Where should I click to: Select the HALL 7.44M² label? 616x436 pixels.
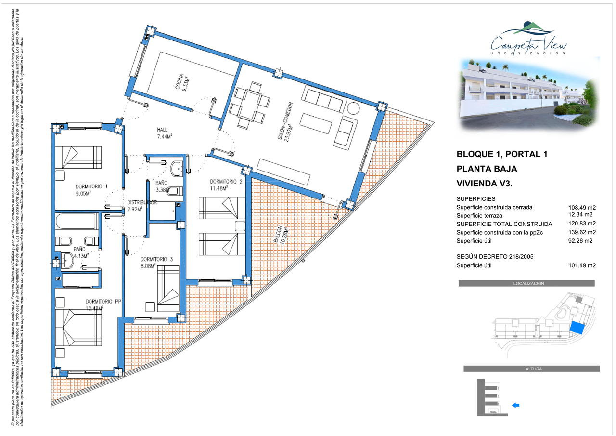165,133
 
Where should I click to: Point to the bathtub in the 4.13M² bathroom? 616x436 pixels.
77,221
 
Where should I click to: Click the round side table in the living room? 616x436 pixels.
353,108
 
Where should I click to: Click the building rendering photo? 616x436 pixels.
529,93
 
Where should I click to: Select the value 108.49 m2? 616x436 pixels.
582,208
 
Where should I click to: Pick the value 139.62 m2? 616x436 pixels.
582,232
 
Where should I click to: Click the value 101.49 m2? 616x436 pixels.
582,265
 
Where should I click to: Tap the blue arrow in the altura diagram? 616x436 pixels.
515,405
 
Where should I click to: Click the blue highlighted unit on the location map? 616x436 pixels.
577,328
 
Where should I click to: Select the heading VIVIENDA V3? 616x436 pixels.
484,184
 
